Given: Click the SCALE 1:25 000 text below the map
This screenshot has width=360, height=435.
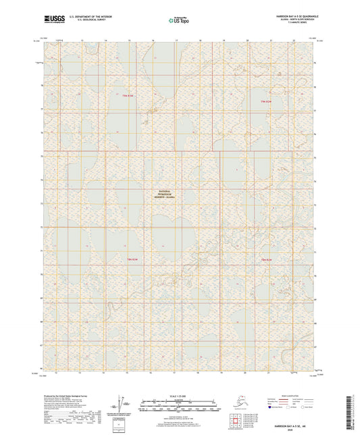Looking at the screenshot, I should coord(179,395).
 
